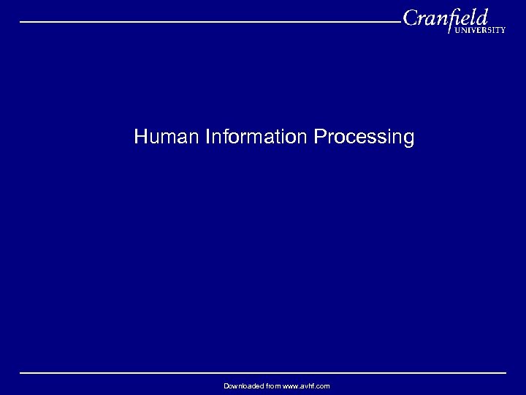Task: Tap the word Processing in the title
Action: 363,138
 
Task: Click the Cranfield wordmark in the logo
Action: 445,18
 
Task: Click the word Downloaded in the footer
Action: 243,385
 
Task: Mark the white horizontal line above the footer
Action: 263,373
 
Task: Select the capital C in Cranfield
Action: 410,18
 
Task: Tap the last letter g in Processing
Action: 409,138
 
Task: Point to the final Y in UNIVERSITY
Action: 503,31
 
